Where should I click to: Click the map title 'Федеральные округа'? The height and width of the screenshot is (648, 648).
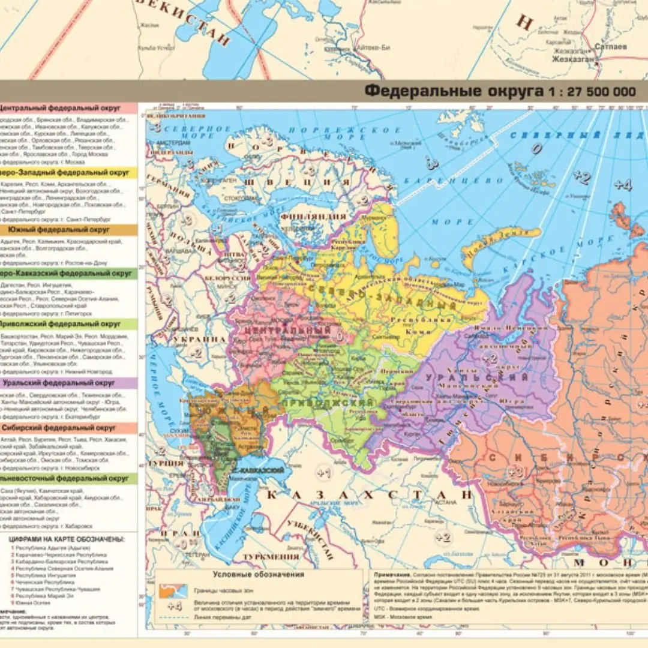[x=453, y=91]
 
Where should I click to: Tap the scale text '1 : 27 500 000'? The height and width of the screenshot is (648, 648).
[x=590, y=92]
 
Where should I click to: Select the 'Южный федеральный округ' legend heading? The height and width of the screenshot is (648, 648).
[x=59, y=230]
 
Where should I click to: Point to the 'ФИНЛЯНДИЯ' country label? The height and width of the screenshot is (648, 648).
[x=322, y=217]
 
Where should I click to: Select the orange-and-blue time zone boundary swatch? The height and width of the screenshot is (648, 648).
[x=173, y=590]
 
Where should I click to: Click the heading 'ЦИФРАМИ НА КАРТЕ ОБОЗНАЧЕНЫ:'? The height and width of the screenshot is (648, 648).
[x=67, y=539]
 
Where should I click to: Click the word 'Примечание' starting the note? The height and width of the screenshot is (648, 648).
[x=392, y=574]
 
